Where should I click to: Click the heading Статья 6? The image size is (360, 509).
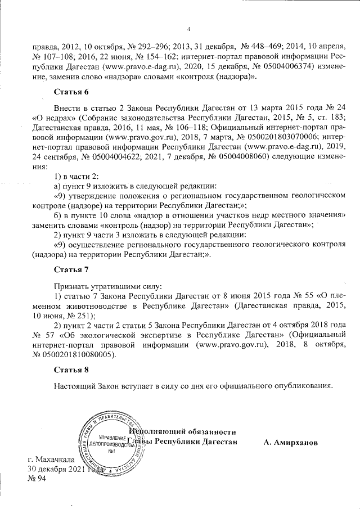pyautogui.click(x=71, y=91)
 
